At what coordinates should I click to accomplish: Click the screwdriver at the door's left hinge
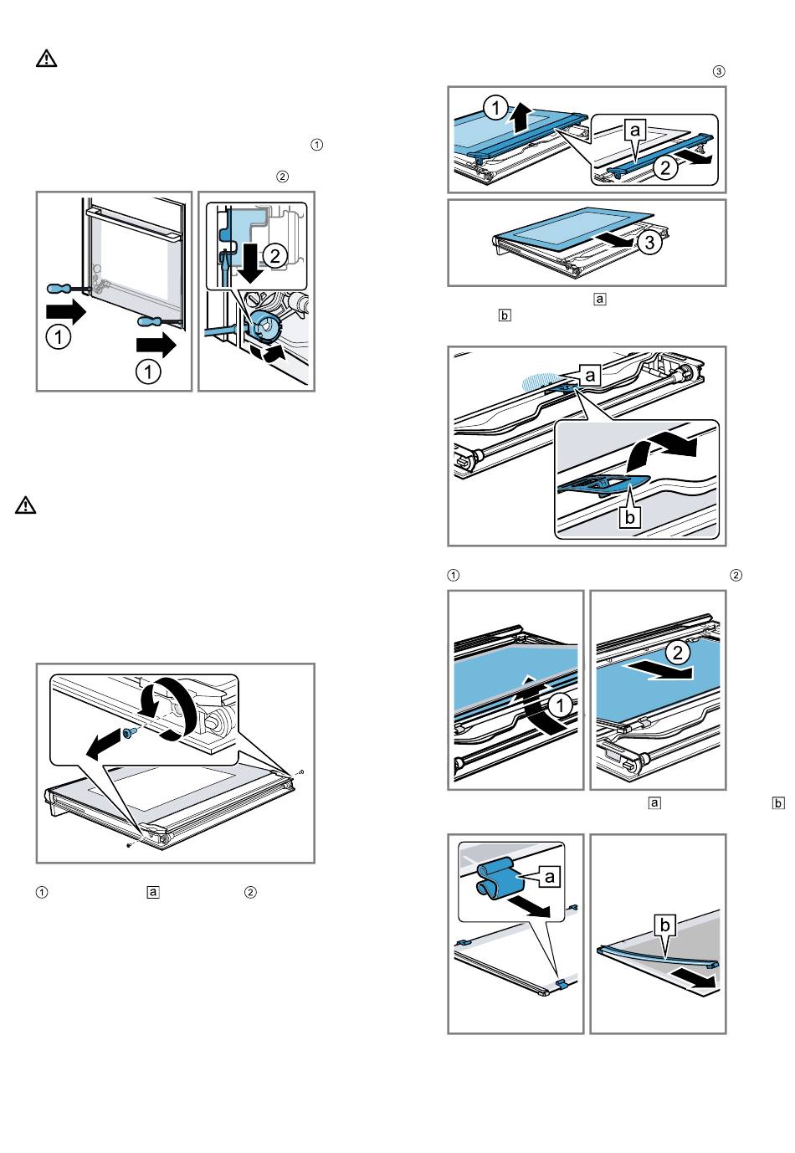point(64,289)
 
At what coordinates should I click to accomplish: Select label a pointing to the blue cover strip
point(636,129)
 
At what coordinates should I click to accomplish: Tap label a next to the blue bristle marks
point(591,376)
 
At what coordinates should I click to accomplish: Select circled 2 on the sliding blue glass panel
point(678,651)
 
